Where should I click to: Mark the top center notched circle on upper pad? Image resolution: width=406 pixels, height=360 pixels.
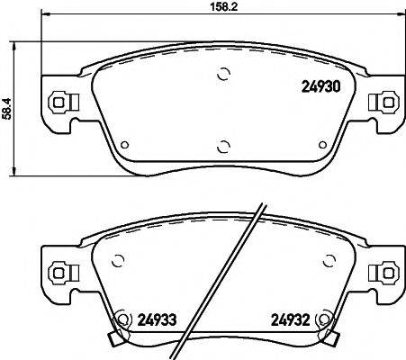223,76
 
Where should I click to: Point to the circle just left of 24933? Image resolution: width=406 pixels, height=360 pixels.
122,318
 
